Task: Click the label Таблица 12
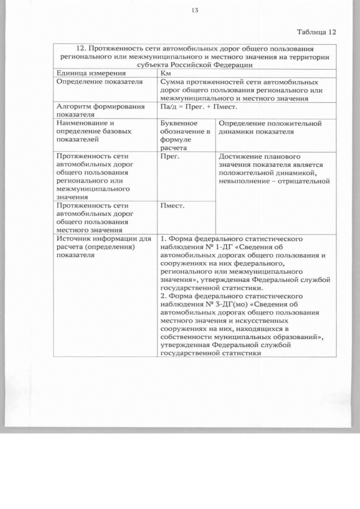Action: pyautogui.click(x=316, y=31)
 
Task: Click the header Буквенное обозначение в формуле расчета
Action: pyautogui.click(x=184, y=135)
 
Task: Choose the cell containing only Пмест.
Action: pyautogui.click(x=173, y=206)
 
